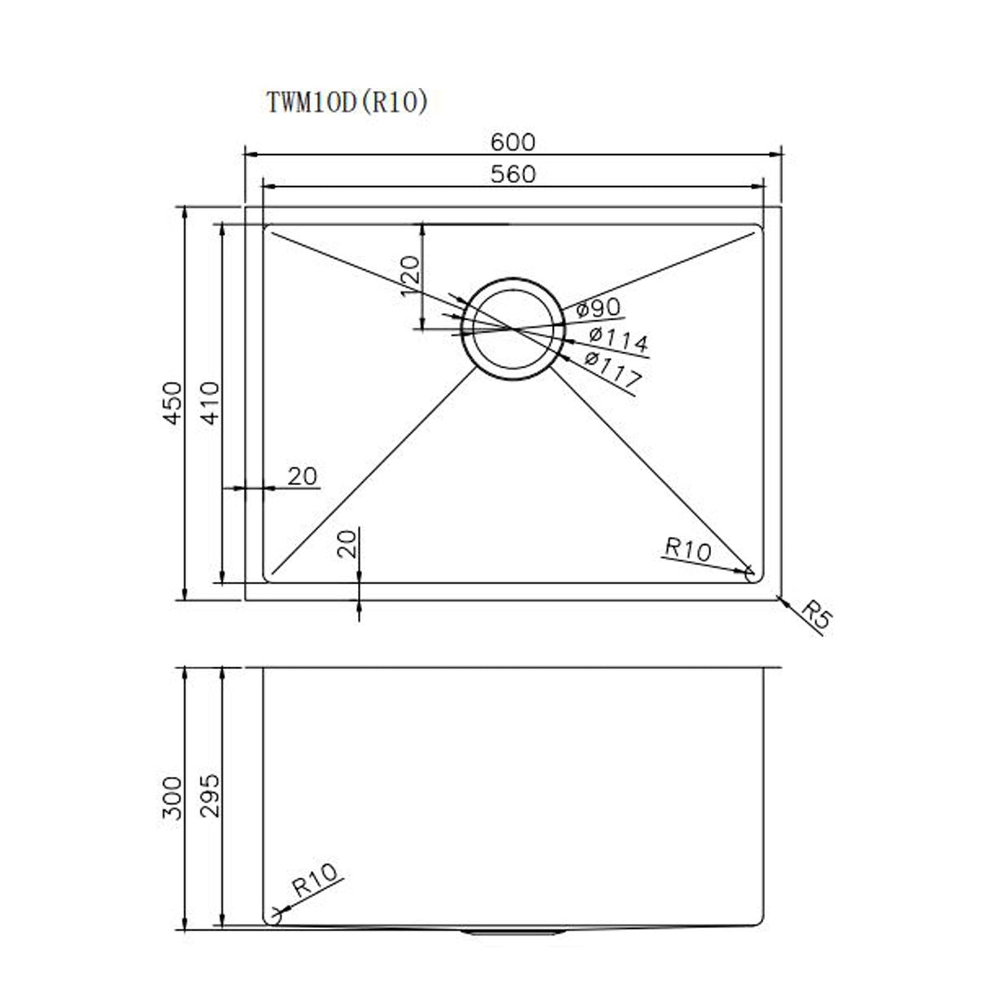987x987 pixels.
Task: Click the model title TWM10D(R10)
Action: pos(347,102)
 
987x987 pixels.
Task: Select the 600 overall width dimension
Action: pos(513,142)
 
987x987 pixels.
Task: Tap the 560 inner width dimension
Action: pos(513,174)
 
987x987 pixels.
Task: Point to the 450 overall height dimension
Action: pos(173,403)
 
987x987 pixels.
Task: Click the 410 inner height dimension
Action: pos(211,403)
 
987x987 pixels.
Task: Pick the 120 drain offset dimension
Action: pos(409,275)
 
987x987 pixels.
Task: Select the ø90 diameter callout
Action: pos(598,308)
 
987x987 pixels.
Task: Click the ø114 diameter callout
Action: pos(618,339)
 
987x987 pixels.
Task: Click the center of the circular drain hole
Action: pos(513,329)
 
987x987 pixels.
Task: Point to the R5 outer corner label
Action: pos(816,614)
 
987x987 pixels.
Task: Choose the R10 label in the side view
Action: pos(315,880)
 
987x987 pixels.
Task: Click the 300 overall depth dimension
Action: pos(173,798)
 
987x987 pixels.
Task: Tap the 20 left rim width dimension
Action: pos(303,476)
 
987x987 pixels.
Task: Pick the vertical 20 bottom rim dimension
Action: pos(348,544)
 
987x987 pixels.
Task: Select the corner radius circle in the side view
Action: pos(273,917)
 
